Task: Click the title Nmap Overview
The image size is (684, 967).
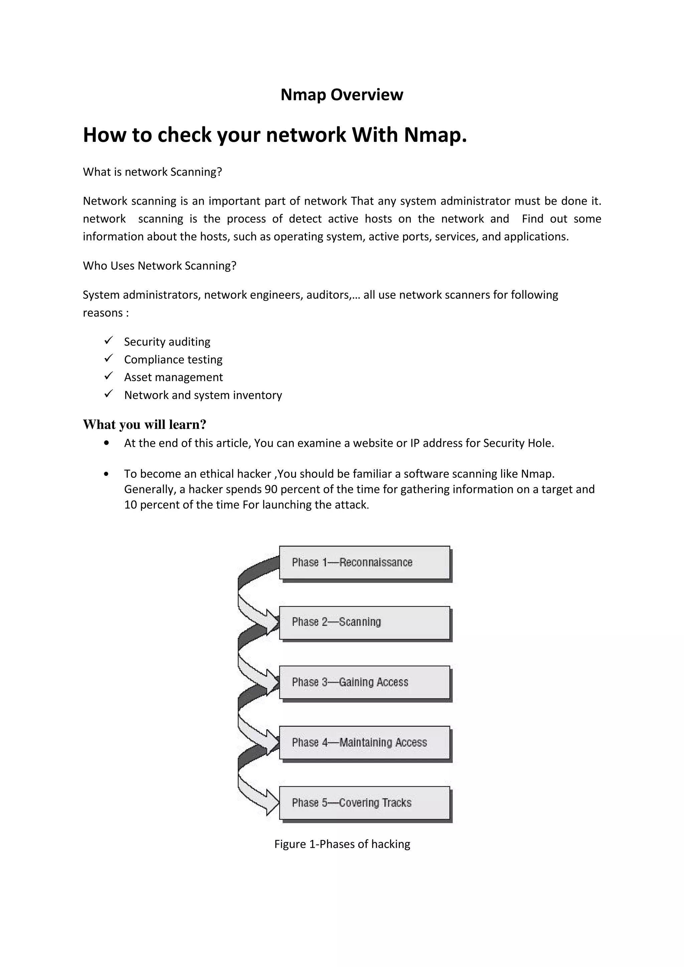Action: pyautogui.click(x=341, y=94)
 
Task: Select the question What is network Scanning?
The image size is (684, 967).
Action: pyautogui.click(x=152, y=172)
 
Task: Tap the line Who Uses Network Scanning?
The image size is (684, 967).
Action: pyautogui.click(x=159, y=266)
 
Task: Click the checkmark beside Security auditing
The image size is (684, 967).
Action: pyautogui.click(x=108, y=340)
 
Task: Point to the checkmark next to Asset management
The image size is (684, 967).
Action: pyautogui.click(x=108, y=375)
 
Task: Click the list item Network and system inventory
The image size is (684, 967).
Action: pyautogui.click(x=203, y=395)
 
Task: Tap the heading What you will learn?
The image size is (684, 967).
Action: pyautogui.click(x=144, y=424)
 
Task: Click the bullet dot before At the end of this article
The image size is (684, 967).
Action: pyautogui.click(x=106, y=443)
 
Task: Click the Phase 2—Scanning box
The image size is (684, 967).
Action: pyautogui.click(x=365, y=623)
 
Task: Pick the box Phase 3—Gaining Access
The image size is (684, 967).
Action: pyautogui.click(x=365, y=682)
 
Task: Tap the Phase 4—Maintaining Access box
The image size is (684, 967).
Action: pyautogui.click(x=365, y=742)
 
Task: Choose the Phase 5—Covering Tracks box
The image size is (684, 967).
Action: pyautogui.click(x=365, y=803)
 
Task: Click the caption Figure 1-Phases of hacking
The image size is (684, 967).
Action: pyautogui.click(x=342, y=844)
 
